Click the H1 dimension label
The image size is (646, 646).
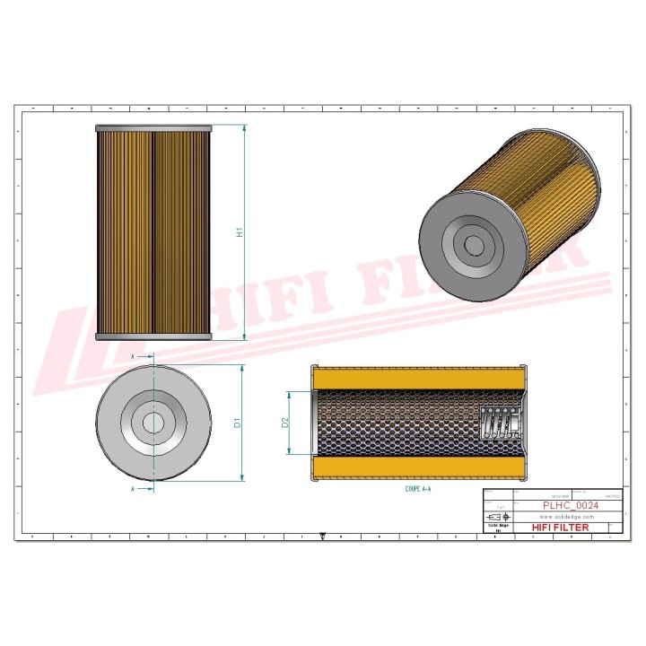[x=240, y=233]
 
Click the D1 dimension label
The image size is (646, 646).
[x=238, y=423]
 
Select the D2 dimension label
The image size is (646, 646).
[x=285, y=423]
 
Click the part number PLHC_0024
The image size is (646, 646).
[x=571, y=506]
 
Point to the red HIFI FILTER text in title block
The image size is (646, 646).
[x=561, y=528]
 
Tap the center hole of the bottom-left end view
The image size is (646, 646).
[x=153, y=423]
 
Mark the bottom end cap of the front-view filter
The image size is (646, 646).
[x=153, y=336]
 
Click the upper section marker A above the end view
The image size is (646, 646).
[x=133, y=356]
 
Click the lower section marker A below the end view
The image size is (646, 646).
[x=133, y=490]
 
